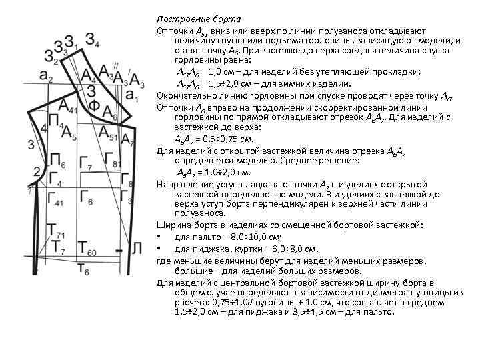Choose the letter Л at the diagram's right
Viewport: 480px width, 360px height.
pos(136,249)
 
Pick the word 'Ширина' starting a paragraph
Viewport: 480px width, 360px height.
pos(172,225)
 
